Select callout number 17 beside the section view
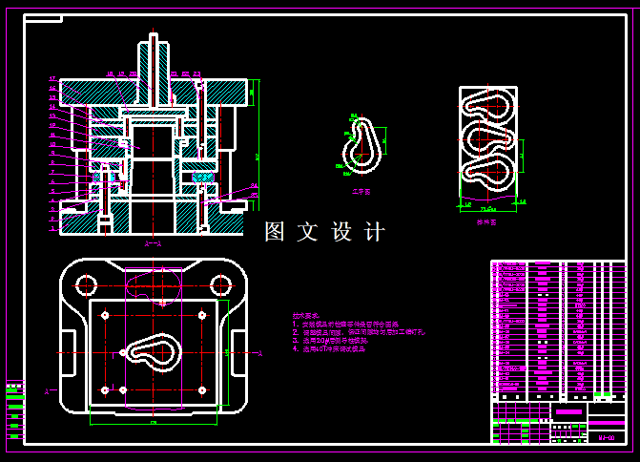(x=52, y=78)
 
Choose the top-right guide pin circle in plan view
(x=221, y=284)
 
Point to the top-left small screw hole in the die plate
(x=105, y=315)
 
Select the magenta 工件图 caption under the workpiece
(x=361, y=191)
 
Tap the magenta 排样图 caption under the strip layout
(x=487, y=220)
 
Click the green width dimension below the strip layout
(x=486, y=207)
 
